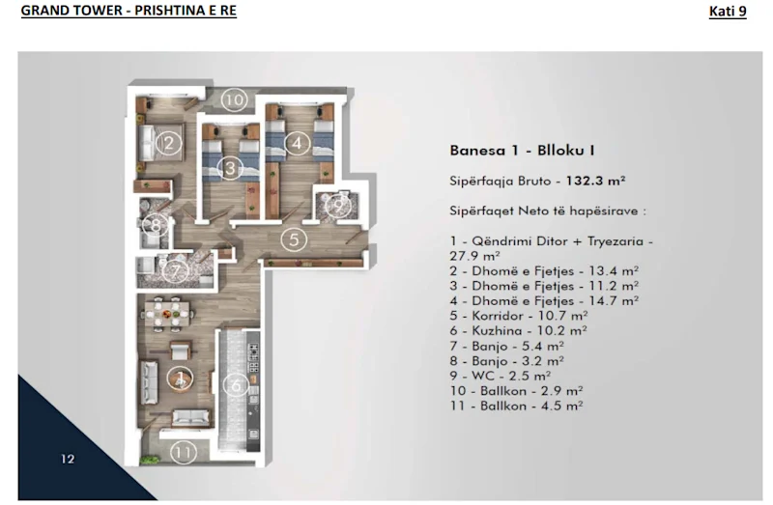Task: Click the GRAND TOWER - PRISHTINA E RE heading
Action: pyautogui.click(x=129, y=12)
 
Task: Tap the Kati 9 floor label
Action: pyautogui.click(x=727, y=12)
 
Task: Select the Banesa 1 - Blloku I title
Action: pyautogui.click(x=522, y=150)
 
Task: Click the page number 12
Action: pyautogui.click(x=67, y=459)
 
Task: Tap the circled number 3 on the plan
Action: pyautogui.click(x=228, y=168)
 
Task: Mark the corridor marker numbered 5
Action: pyautogui.click(x=295, y=238)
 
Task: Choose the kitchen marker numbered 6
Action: pyautogui.click(x=233, y=384)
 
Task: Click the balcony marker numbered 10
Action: pyautogui.click(x=233, y=98)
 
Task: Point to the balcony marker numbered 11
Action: pyautogui.click(x=183, y=451)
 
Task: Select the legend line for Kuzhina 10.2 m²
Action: pyautogui.click(x=517, y=330)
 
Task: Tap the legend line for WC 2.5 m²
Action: pyautogui.click(x=501, y=376)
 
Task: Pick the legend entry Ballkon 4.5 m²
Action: pyautogui.click(x=516, y=407)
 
